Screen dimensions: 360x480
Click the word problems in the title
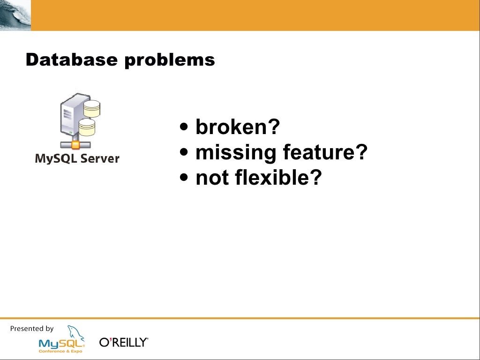click(x=169, y=60)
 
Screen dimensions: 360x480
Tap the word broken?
click(x=238, y=127)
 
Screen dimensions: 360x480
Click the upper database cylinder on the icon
click(x=92, y=109)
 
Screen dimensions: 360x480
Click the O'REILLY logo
click(x=124, y=343)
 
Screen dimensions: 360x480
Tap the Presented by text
click(x=32, y=329)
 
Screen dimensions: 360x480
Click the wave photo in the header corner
click(x=15, y=15)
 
